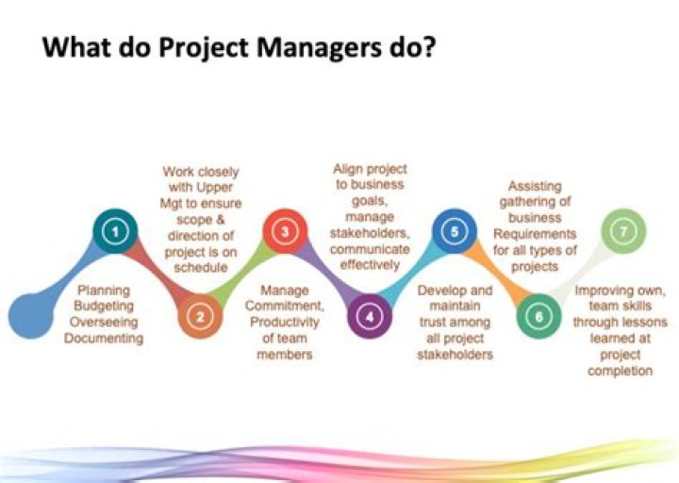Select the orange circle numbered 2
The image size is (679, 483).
199,316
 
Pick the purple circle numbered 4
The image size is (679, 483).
370,316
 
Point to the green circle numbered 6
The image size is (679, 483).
539,316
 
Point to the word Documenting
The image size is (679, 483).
104,338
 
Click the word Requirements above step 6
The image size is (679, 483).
541,233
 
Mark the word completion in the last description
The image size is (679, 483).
620,371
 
